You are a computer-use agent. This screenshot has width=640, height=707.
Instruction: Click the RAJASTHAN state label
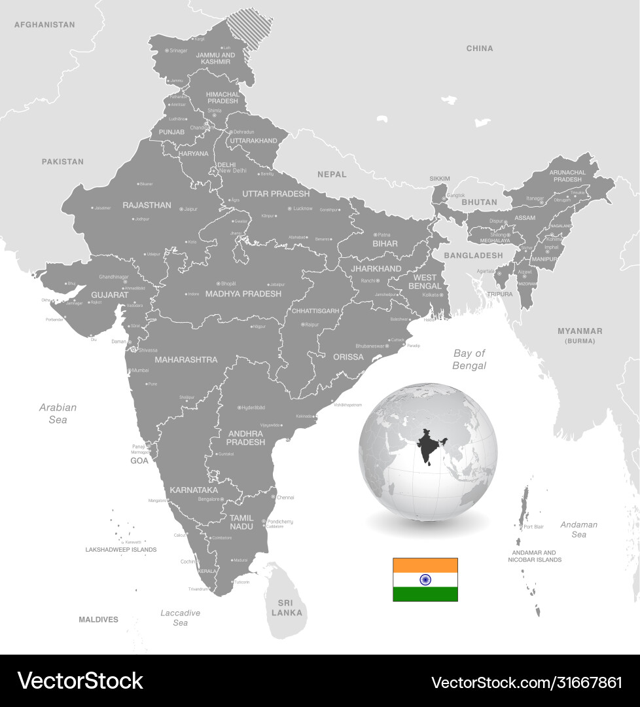[147, 205]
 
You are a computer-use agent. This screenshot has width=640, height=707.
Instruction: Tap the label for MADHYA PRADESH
[243, 294]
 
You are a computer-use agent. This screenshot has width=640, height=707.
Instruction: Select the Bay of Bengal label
[469, 359]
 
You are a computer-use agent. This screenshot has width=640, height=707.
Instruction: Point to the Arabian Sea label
[58, 413]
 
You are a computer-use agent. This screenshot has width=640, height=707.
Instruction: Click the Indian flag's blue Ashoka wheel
[425, 579]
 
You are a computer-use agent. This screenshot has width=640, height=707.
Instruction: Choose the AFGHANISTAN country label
[44, 25]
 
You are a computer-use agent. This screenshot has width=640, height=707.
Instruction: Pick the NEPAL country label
[332, 174]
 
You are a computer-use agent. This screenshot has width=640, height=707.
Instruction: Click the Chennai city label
[285, 498]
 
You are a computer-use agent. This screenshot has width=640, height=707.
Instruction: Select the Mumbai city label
[140, 371]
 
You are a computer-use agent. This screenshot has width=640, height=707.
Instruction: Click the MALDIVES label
[98, 619]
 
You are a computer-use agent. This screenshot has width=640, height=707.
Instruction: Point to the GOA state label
[139, 461]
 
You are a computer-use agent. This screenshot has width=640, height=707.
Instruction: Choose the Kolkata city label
[430, 295]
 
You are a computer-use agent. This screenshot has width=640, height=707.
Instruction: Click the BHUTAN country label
[479, 202]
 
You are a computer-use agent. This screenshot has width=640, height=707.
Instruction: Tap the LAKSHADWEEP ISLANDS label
[121, 550]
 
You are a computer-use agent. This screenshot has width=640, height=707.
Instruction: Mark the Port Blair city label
[533, 527]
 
